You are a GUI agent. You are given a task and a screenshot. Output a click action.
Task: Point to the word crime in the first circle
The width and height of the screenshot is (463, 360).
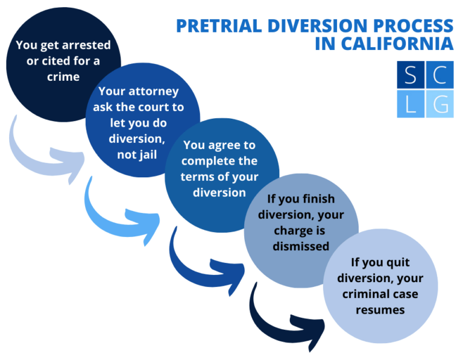coord(63,76)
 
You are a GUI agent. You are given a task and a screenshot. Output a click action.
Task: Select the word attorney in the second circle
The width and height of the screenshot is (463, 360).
coord(157,92)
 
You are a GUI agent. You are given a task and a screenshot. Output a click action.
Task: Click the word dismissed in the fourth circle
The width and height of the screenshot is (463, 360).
coord(301,245)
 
